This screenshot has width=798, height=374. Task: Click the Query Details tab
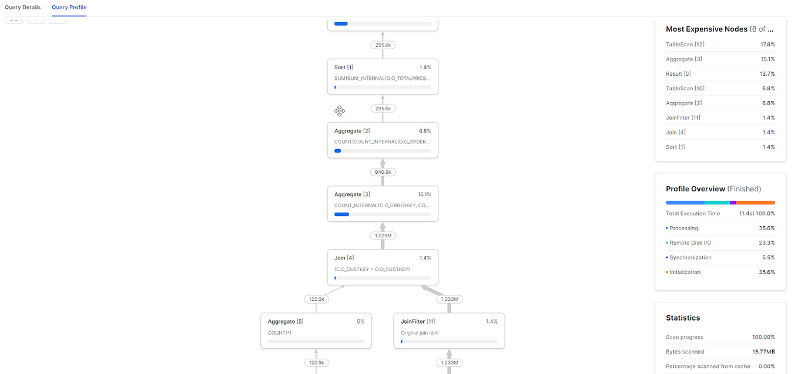[x=22, y=7]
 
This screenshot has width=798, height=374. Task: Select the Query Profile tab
[x=69, y=7]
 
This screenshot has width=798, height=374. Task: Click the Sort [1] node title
[x=344, y=68]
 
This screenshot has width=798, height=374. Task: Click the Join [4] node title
[x=344, y=258]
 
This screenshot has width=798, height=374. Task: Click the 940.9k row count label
[x=383, y=172]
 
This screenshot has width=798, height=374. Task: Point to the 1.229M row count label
[x=383, y=235]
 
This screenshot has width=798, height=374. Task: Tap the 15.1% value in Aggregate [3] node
[x=424, y=194]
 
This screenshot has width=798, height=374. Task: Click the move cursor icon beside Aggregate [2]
[x=340, y=111]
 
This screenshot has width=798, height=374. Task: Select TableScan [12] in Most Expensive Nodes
[x=685, y=45]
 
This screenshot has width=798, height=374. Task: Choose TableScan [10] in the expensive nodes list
[x=685, y=89]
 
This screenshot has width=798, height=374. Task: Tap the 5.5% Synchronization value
[x=767, y=257]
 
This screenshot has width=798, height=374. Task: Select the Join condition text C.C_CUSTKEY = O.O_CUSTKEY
[x=372, y=269]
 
